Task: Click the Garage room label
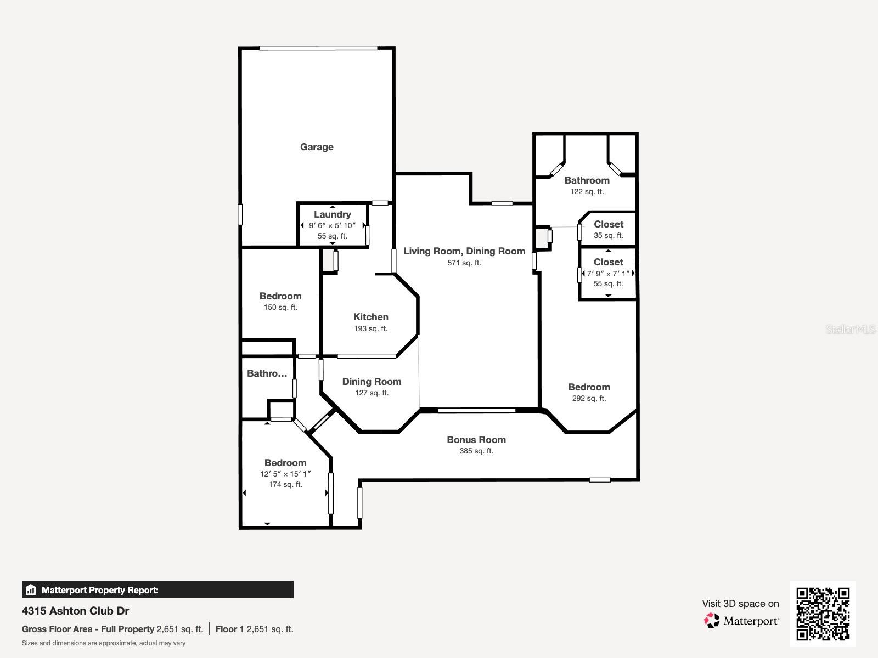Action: coord(317,147)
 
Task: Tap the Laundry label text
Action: coord(333,214)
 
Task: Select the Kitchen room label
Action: coord(371,317)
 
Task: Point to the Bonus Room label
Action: coord(476,439)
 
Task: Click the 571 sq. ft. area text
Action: coord(464,263)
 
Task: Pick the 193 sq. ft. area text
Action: coord(371,329)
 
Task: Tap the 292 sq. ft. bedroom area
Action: coord(589,398)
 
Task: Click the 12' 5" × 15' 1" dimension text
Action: coord(285,474)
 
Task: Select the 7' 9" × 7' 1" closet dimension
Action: coord(609,274)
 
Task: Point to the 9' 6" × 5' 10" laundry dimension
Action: coord(333,226)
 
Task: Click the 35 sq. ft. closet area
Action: coord(609,235)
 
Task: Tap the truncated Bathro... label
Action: coord(267,373)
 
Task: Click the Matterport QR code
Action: coord(823,614)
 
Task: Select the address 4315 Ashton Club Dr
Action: coord(76,611)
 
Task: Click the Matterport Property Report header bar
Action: coord(157,589)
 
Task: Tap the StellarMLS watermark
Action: coord(851,329)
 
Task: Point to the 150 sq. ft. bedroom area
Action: coord(280,307)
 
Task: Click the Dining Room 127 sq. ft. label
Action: coord(372,387)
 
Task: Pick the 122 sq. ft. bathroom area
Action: coord(587,192)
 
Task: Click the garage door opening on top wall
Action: coord(318,48)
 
